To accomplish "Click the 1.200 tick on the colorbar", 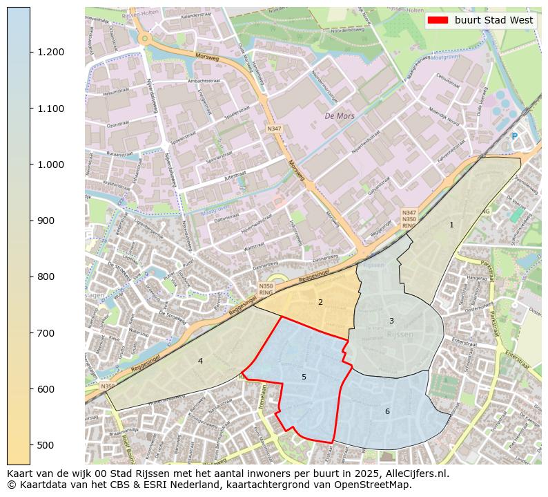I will pyautogui.click(x=30, y=53).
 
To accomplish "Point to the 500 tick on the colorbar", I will pyautogui.click(x=30, y=445).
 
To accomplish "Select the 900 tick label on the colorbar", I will pyautogui.click(x=52, y=221).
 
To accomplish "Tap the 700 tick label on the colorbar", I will pyautogui.click(x=52, y=333).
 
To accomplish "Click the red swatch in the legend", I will pyautogui.click(x=438, y=21).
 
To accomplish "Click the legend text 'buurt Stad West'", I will pyautogui.click(x=493, y=21).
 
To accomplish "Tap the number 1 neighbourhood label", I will pyautogui.click(x=451, y=225).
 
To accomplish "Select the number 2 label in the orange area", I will pyautogui.click(x=320, y=302).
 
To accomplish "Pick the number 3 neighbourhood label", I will pyautogui.click(x=391, y=321).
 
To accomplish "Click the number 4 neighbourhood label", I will pyautogui.click(x=200, y=361).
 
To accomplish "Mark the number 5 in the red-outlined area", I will pyautogui.click(x=304, y=377).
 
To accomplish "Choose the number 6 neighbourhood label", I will pyautogui.click(x=387, y=411).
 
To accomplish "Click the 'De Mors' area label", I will pyautogui.click(x=340, y=116).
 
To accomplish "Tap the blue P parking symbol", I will pyautogui.click(x=514, y=136).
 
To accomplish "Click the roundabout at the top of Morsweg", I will pyautogui.click(x=144, y=39).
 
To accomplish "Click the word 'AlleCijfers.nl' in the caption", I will pyautogui.click(x=418, y=474).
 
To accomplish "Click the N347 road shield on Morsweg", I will pyautogui.click(x=274, y=128).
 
